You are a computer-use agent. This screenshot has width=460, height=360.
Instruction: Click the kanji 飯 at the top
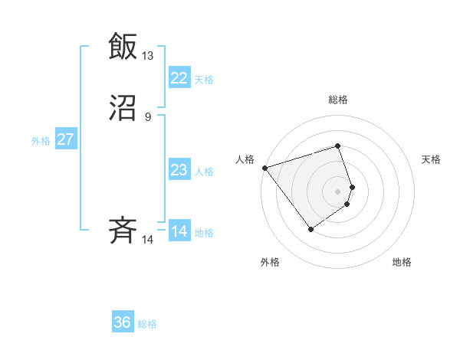[x=123, y=46]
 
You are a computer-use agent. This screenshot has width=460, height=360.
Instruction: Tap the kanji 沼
[x=123, y=109]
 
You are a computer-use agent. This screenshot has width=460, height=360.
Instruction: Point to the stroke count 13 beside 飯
[x=147, y=55]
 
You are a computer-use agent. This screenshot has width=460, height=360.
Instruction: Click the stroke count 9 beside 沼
[x=148, y=117]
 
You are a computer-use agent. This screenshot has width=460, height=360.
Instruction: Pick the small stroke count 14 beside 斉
[x=147, y=240]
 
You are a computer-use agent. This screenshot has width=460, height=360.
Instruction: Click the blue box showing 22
[x=179, y=77]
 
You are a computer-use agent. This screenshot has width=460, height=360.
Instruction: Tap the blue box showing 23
[x=179, y=170]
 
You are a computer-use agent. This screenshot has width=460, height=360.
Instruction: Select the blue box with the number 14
[x=179, y=231]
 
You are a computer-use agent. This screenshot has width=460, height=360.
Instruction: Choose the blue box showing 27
[x=65, y=139]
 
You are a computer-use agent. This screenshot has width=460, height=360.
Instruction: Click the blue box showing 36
[x=123, y=322]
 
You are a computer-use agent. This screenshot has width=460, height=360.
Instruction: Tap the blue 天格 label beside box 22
[x=204, y=79]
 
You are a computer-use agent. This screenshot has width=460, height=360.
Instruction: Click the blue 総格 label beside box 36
[x=147, y=324]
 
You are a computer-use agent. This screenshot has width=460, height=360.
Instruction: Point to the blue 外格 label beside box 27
[x=41, y=141]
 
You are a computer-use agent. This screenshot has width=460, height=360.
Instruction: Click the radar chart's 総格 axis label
[x=338, y=100]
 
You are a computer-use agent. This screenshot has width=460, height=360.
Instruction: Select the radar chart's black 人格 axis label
[x=245, y=159]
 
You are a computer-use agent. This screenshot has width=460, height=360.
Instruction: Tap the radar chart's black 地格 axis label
[x=402, y=262]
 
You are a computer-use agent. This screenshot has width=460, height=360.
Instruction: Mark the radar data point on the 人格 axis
[x=264, y=167]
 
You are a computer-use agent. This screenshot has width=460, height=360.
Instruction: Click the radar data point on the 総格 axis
[x=338, y=146]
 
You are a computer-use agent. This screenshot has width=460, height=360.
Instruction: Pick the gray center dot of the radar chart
[x=338, y=191]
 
